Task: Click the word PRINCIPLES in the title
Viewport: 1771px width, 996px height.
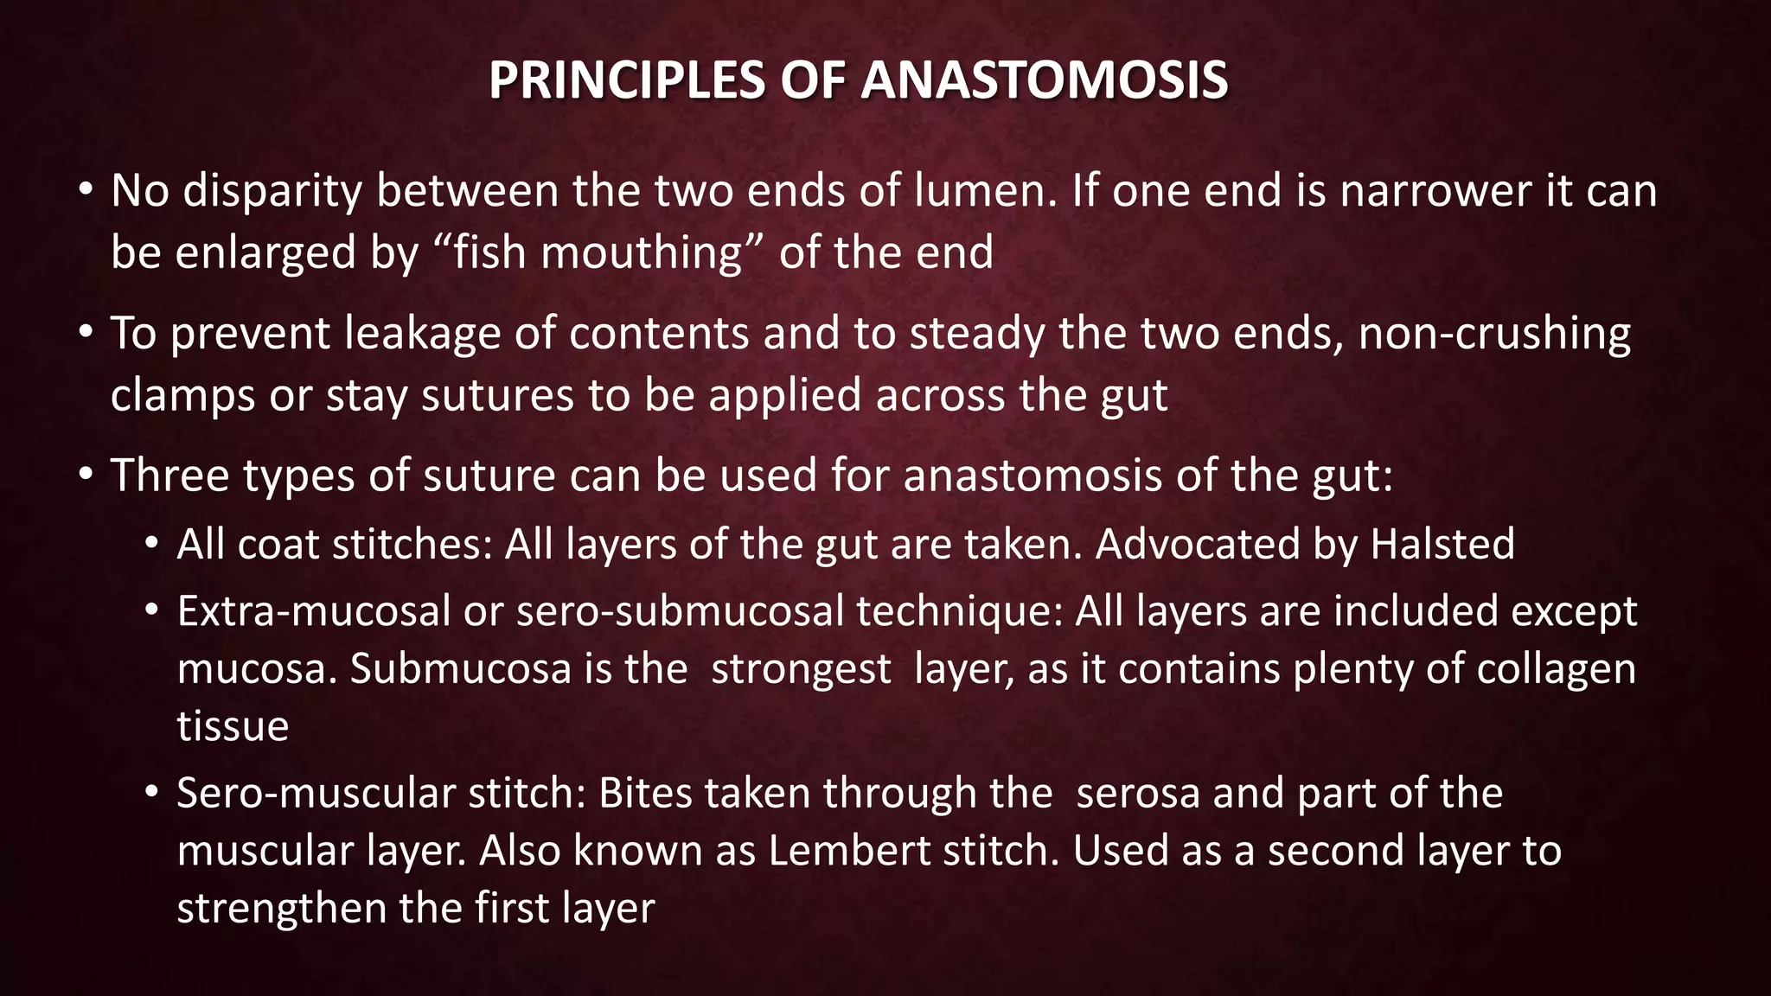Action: coord(627,80)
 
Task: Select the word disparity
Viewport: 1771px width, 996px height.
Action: coord(272,191)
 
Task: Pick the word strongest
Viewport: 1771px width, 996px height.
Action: coord(801,669)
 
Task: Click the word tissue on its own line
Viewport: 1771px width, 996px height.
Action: coord(233,726)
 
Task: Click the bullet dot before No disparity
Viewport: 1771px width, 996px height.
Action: coord(84,190)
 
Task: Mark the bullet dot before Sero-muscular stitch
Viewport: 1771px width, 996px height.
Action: coord(152,792)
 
